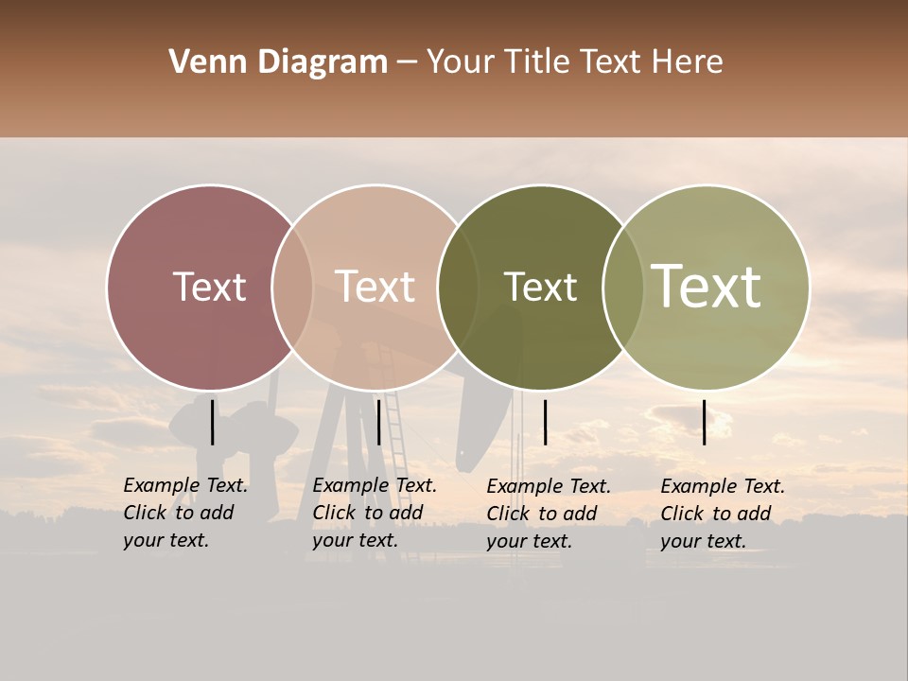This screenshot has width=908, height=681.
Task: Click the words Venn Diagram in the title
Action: pos(278,62)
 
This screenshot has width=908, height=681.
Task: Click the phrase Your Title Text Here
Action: pos(574,62)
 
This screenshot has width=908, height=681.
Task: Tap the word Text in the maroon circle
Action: pos(209,287)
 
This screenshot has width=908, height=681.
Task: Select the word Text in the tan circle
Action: pos(375,287)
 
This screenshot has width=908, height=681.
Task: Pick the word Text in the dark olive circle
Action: pos(540,287)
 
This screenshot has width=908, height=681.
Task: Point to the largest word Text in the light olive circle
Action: pos(706,286)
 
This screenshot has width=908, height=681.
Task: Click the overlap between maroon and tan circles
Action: pos(292,287)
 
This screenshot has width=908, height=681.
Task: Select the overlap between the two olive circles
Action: pos(623,287)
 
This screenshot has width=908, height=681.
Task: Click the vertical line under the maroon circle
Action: pos(213,422)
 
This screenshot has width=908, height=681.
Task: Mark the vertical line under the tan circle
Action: pos(378,422)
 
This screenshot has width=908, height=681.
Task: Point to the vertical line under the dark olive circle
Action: pos(545,422)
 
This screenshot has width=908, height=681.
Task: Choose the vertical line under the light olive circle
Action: pos(705,422)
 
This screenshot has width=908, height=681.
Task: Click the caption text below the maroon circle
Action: pos(185,513)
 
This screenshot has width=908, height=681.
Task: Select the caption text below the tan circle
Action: pos(375,513)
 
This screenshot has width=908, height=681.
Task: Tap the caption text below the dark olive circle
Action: pos(549,514)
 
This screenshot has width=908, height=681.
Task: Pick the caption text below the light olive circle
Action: pos(723,514)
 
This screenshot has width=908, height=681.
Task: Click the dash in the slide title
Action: pos(407,63)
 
